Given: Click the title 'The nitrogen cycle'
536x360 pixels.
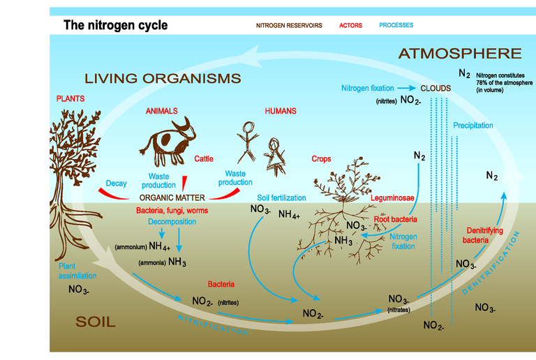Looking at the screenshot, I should click(115, 26).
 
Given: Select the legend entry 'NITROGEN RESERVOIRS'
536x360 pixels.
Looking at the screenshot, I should click(289, 25).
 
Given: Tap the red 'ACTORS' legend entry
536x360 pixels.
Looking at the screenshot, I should click(350, 25).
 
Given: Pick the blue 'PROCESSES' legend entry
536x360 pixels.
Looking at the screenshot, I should click(396, 25).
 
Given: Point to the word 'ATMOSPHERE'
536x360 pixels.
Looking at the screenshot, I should click(460, 54).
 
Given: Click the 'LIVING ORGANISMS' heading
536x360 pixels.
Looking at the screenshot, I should click(163, 77).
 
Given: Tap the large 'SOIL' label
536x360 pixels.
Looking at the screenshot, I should click(95, 322).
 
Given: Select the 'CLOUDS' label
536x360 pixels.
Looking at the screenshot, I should click(435, 89).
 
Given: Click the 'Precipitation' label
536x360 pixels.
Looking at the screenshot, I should click(472, 126).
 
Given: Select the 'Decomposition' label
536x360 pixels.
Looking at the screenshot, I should click(171, 222).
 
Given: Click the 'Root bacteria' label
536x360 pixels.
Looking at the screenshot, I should click(395, 218).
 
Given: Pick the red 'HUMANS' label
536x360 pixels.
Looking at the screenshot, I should click(281, 111).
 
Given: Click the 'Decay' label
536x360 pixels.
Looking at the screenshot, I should click(116, 184).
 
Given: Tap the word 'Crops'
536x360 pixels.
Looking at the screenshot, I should click(321, 159).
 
